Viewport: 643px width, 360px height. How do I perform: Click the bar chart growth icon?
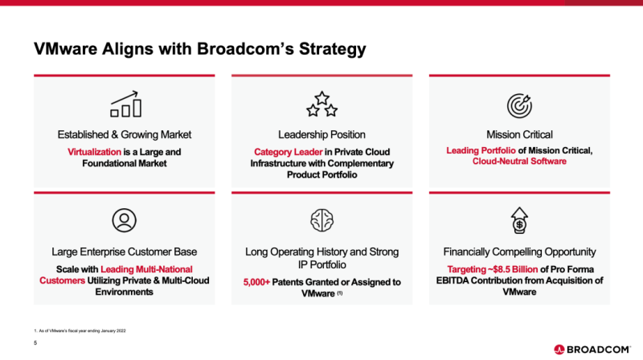click(125, 104)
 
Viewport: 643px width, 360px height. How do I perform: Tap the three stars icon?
click(322, 104)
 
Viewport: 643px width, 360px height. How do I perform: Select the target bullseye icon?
click(519, 106)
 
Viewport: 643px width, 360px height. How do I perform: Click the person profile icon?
click(125, 221)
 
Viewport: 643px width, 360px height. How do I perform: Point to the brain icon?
click(322, 220)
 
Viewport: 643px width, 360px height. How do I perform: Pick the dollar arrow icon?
click(519, 220)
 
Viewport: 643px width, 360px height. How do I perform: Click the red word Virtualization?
click(94, 152)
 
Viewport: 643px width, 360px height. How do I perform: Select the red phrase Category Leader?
click(289, 152)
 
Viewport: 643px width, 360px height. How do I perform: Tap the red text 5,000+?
click(256, 282)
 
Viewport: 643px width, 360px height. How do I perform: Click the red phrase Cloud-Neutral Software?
click(519, 162)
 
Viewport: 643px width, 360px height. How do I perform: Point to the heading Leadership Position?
click(322, 134)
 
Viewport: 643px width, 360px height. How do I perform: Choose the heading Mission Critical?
click(519, 134)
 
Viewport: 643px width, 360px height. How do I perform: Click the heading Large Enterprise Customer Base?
click(125, 252)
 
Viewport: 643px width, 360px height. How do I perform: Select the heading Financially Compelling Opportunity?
click(519, 252)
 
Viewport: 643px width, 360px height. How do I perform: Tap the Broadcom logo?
click(592, 350)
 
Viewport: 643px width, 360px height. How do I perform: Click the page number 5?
click(35, 343)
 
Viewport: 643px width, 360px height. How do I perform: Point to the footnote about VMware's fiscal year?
click(80, 330)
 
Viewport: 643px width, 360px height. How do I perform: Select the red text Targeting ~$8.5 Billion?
click(492, 269)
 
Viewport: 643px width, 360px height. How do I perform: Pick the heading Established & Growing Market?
click(125, 134)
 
